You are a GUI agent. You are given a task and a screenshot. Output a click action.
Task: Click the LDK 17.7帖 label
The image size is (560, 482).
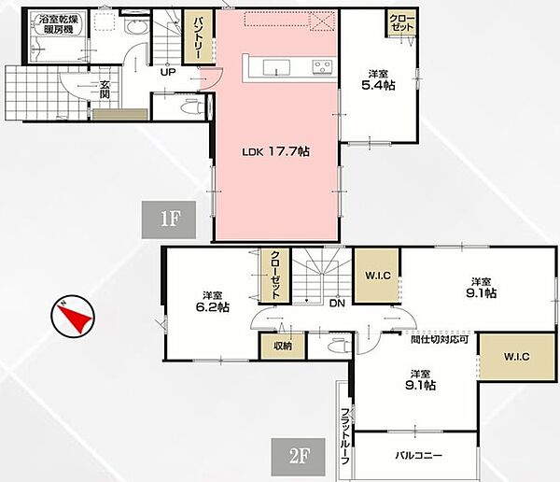click(x=275, y=151)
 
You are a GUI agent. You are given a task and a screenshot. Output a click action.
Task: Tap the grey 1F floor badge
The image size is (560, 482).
click(x=169, y=220)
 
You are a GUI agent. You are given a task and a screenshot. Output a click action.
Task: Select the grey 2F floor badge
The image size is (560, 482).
click(x=299, y=457)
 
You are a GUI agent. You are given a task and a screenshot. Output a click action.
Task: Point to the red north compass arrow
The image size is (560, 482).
click(x=75, y=316)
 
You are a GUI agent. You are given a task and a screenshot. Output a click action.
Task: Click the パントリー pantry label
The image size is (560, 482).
click(x=198, y=37)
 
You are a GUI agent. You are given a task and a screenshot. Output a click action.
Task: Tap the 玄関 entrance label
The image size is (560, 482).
click(x=105, y=90)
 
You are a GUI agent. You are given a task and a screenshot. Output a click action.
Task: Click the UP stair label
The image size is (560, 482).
click(x=168, y=72)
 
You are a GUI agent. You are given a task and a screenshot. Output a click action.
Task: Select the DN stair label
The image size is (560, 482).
click(x=337, y=304)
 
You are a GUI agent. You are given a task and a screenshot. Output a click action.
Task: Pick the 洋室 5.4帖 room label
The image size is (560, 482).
click(x=378, y=80)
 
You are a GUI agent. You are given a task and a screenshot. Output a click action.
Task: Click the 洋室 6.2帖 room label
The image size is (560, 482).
click(x=213, y=302)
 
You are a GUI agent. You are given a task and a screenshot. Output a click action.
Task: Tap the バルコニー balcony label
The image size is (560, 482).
click(x=418, y=455)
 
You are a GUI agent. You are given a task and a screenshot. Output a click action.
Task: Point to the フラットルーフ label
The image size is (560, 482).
click(x=345, y=436)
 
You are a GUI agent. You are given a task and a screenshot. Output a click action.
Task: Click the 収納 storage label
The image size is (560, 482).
click(x=283, y=346)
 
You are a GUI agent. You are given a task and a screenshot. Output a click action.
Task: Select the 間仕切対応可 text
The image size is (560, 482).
click(x=440, y=339)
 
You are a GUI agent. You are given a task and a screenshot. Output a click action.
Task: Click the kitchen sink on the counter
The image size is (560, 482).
click(x=276, y=67)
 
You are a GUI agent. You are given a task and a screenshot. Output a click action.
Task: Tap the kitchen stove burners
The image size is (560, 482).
click(x=323, y=67)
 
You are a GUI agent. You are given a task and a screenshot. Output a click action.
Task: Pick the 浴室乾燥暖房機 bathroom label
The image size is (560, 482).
click(x=59, y=24)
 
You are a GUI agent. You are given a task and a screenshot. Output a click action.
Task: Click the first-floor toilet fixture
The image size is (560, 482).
click(x=190, y=106)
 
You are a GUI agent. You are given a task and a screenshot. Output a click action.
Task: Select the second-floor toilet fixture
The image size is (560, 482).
click(x=338, y=347)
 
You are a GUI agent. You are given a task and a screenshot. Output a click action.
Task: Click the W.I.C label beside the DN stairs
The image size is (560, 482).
click(x=378, y=276)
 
